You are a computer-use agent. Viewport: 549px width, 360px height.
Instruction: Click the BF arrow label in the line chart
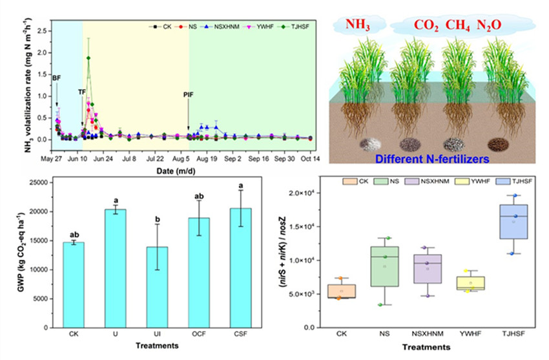tap(57, 78)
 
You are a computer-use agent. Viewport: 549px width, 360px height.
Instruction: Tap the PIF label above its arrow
tap(188, 95)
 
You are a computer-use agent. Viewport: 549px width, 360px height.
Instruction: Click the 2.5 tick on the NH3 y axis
tap(43, 31)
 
